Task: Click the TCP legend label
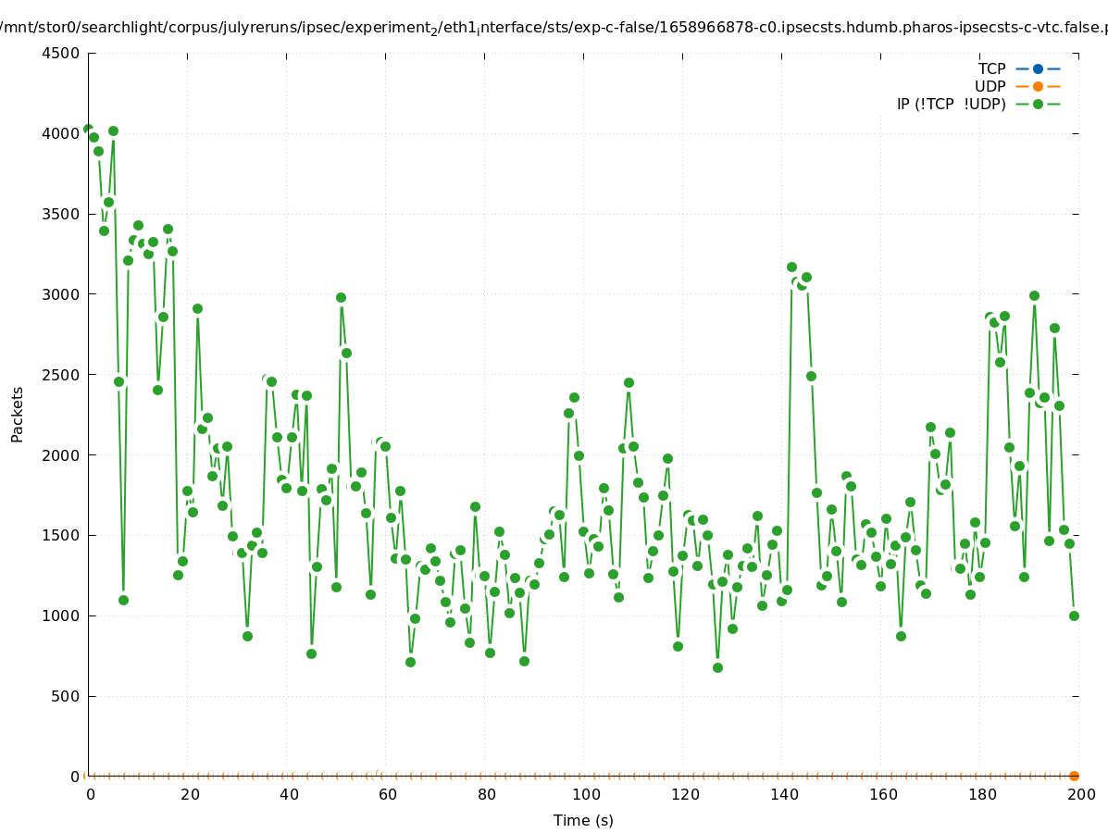click(991, 68)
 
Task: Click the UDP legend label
click(990, 86)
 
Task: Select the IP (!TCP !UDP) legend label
click(951, 104)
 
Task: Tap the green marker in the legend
click(1038, 104)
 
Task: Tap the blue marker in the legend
click(1038, 68)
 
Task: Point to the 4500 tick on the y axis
click(60, 53)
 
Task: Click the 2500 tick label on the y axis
click(60, 375)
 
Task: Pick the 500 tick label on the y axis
click(65, 696)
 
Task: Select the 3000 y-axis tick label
click(60, 294)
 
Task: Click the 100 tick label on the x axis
click(585, 794)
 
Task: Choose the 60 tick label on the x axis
click(387, 794)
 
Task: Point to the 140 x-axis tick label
click(783, 794)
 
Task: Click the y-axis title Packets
click(18, 414)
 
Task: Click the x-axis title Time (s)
click(583, 820)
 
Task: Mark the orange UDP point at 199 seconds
click(1074, 776)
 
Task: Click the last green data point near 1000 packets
click(1074, 615)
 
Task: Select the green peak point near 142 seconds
click(791, 267)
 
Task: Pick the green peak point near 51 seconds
click(341, 297)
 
